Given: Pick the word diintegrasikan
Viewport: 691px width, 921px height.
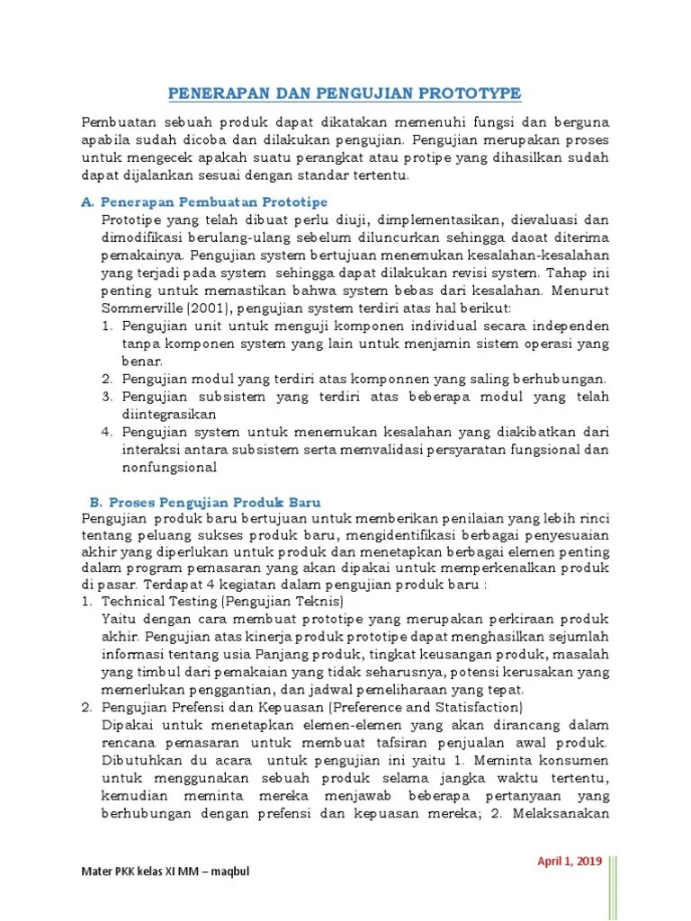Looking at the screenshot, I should [170, 414].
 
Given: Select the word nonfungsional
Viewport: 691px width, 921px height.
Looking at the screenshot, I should [170, 467].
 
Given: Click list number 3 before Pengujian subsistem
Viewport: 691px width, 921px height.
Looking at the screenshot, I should [105, 397].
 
